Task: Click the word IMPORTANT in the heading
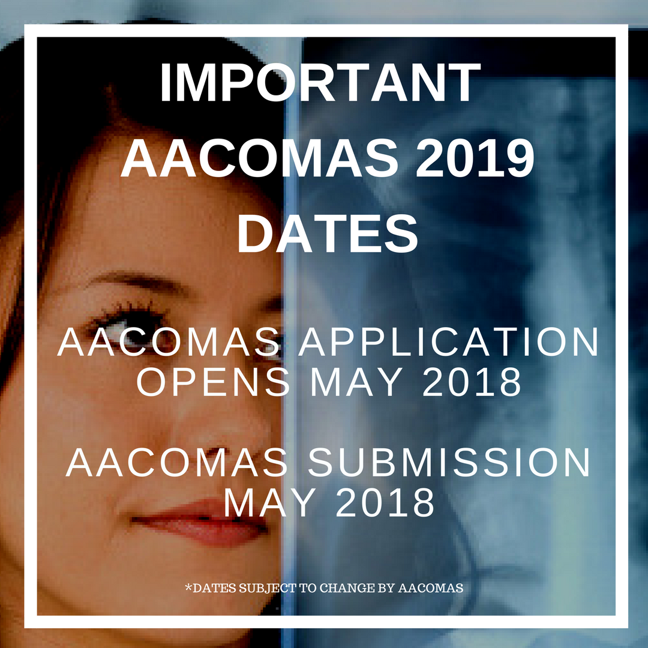[320, 83]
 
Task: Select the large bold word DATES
[328, 233]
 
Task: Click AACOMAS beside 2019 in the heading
[259, 158]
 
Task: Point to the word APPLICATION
[448, 342]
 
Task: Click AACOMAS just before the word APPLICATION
[169, 342]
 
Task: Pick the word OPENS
[213, 382]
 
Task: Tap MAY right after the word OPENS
[356, 382]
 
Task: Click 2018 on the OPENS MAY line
[472, 382]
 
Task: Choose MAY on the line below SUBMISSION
[270, 503]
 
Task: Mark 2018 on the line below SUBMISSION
[385, 503]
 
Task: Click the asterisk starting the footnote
[188, 586]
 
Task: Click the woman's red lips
[199, 521]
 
